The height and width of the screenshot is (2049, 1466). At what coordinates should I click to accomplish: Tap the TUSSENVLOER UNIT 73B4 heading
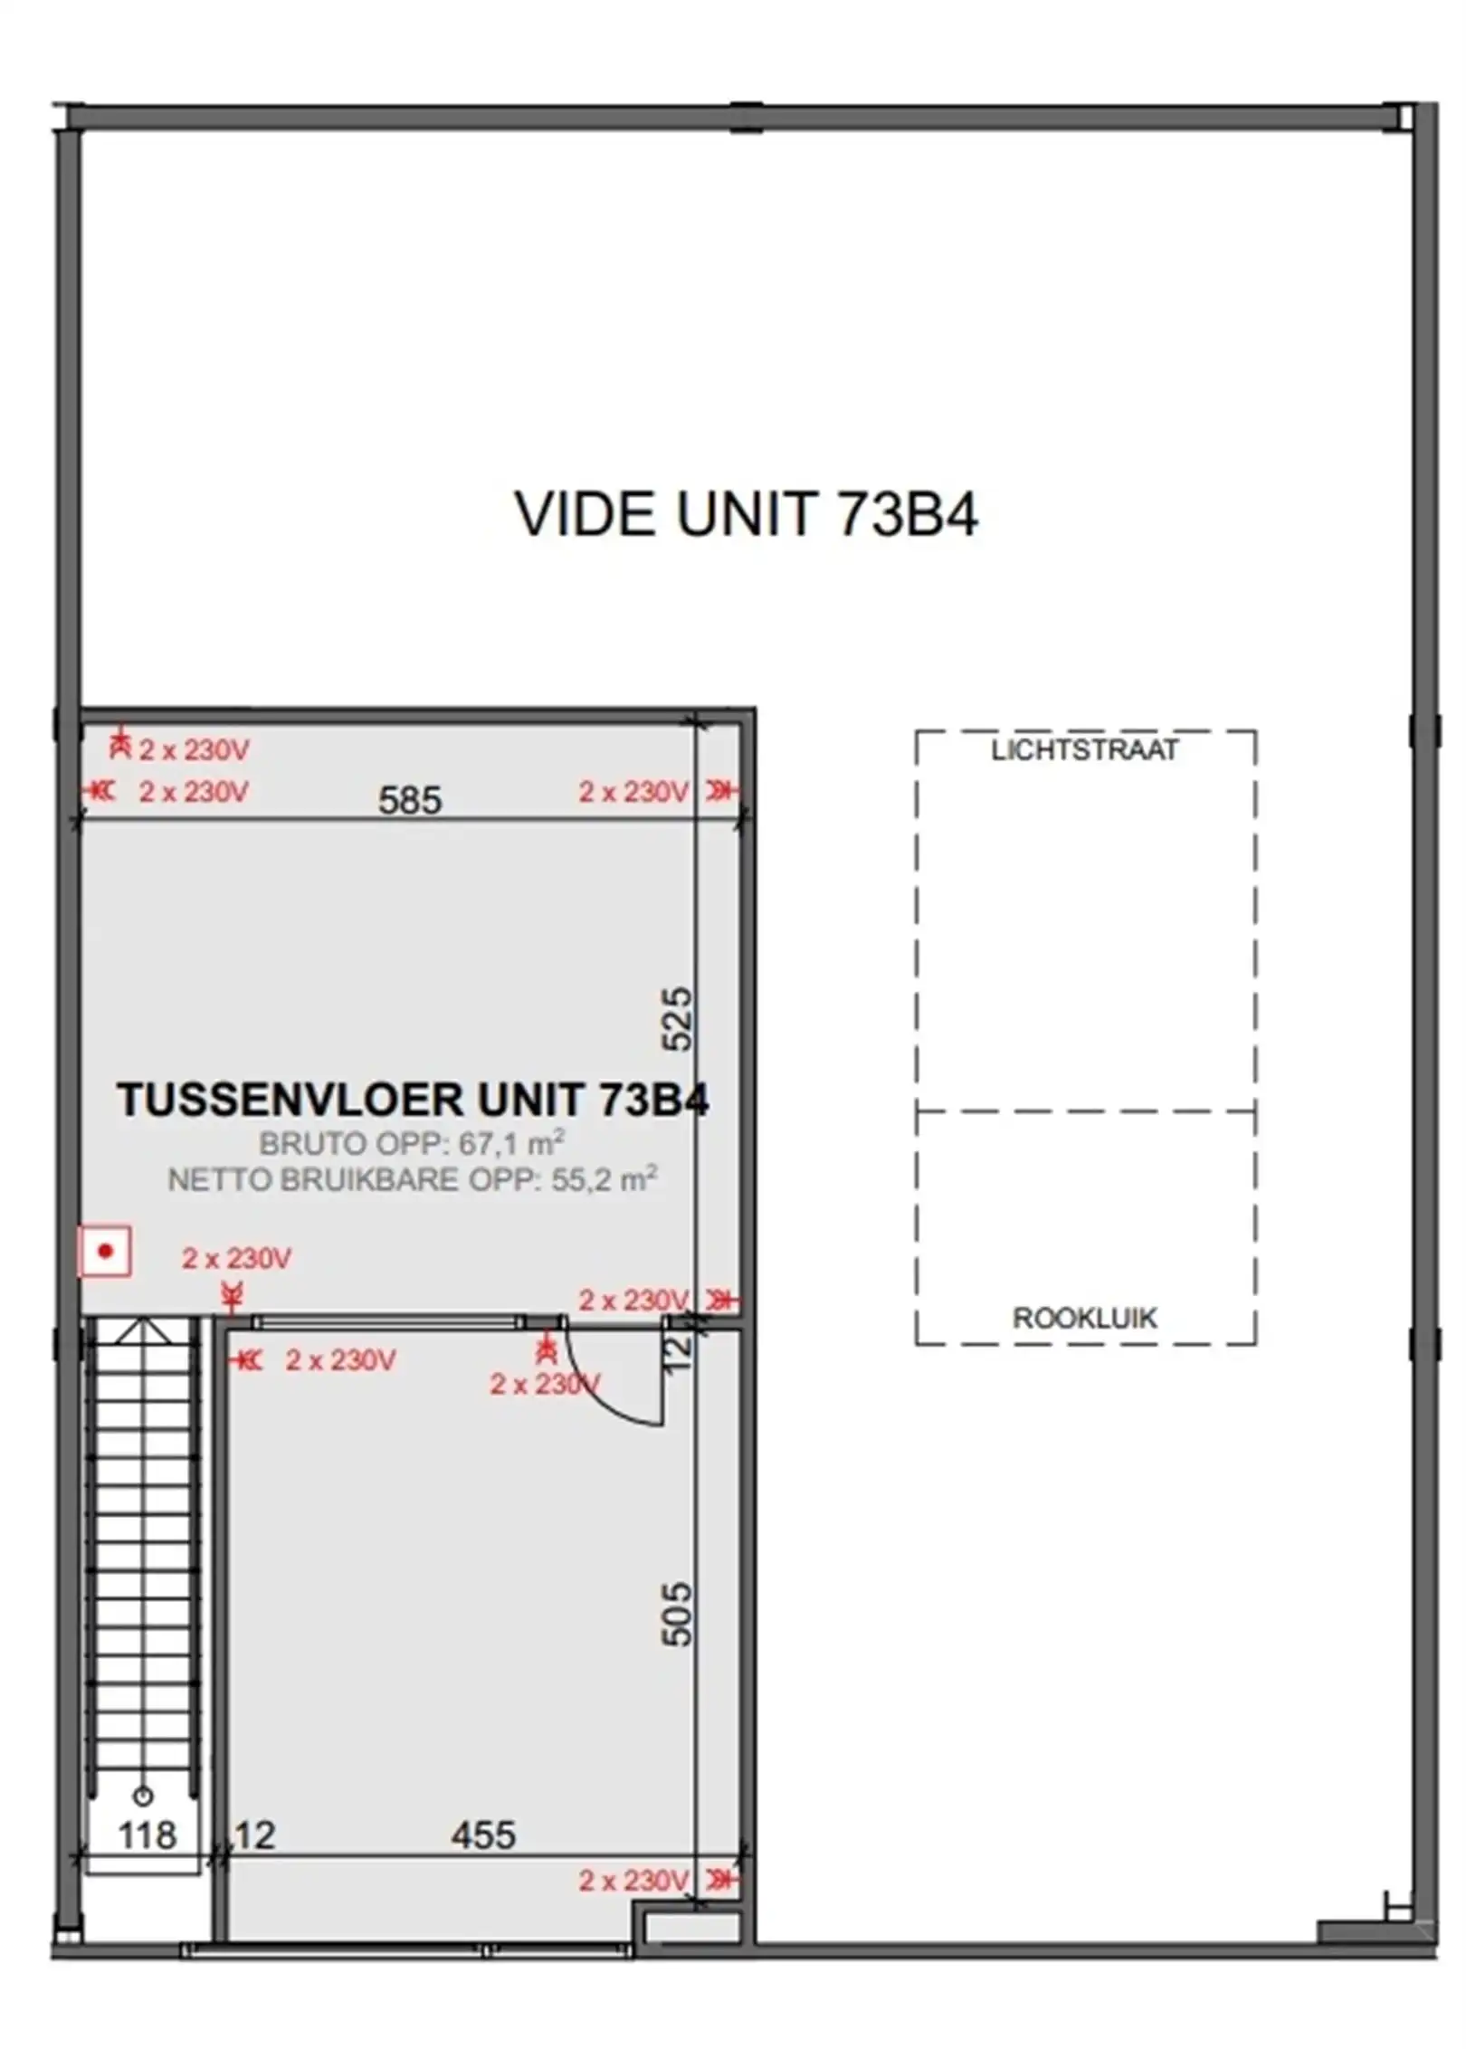tap(413, 1100)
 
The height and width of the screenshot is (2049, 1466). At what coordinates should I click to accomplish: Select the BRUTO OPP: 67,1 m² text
tap(412, 1143)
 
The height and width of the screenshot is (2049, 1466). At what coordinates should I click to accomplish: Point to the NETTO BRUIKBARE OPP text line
tap(412, 1179)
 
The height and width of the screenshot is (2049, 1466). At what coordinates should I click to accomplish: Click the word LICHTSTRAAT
tap(1084, 750)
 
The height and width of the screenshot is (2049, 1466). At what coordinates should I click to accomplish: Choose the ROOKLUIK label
tap(1084, 1318)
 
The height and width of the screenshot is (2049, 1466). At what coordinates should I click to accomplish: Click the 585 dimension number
tap(409, 800)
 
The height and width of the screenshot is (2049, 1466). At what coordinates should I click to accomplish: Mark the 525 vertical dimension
tap(678, 1018)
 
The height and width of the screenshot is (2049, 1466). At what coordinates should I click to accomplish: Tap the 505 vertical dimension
tap(678, 1614)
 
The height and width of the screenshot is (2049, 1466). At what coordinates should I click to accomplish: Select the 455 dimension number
tap(483, 1835)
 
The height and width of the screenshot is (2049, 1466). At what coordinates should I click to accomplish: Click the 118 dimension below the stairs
tap(147, 1835)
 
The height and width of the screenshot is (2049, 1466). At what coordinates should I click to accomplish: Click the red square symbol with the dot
tap(105, 1252)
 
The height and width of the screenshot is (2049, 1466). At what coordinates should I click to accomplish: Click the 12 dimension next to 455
tap(254, 1835)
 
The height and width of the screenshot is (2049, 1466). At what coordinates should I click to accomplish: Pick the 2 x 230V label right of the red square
tap(236, 1258)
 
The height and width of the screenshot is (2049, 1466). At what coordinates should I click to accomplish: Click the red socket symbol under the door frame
tap(545, 1351)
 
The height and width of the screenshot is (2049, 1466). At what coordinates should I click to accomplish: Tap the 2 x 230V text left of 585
tap(193, 792)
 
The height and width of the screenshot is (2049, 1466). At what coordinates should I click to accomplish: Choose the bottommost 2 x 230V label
tap(633, 1881)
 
